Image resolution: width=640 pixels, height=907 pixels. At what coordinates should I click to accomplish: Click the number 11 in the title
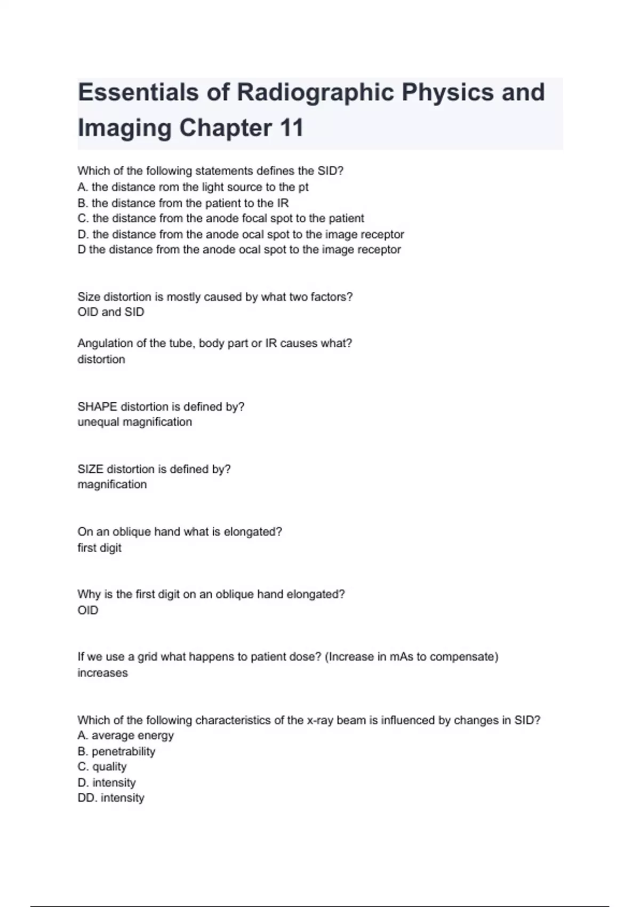pos(291,128)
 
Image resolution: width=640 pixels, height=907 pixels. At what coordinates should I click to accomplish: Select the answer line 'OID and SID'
pos(111,312)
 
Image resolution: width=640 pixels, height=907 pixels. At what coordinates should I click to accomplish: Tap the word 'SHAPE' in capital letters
pos(97,407)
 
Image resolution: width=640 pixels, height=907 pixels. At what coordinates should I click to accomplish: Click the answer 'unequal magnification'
pos(134,422)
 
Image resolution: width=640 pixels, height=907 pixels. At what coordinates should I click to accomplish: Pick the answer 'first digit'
pos(99,548)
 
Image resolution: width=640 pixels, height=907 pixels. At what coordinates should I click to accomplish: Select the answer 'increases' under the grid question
pos(102,673)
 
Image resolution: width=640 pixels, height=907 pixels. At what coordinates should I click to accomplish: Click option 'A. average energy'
pos(125,736)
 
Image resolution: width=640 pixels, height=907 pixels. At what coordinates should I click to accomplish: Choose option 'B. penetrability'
pos(116,751)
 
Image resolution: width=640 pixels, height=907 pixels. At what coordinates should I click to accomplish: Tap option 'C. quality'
pos(102,767)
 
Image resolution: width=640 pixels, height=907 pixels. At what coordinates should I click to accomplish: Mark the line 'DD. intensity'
pos(111,798)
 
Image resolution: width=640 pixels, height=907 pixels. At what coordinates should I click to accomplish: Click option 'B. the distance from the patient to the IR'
pos(183,203)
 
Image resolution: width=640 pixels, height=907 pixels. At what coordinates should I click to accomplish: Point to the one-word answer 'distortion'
pos(101,360)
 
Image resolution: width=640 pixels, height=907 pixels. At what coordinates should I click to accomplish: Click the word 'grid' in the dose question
pos(147,657)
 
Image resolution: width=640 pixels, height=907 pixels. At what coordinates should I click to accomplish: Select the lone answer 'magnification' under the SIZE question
pos(112,484)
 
